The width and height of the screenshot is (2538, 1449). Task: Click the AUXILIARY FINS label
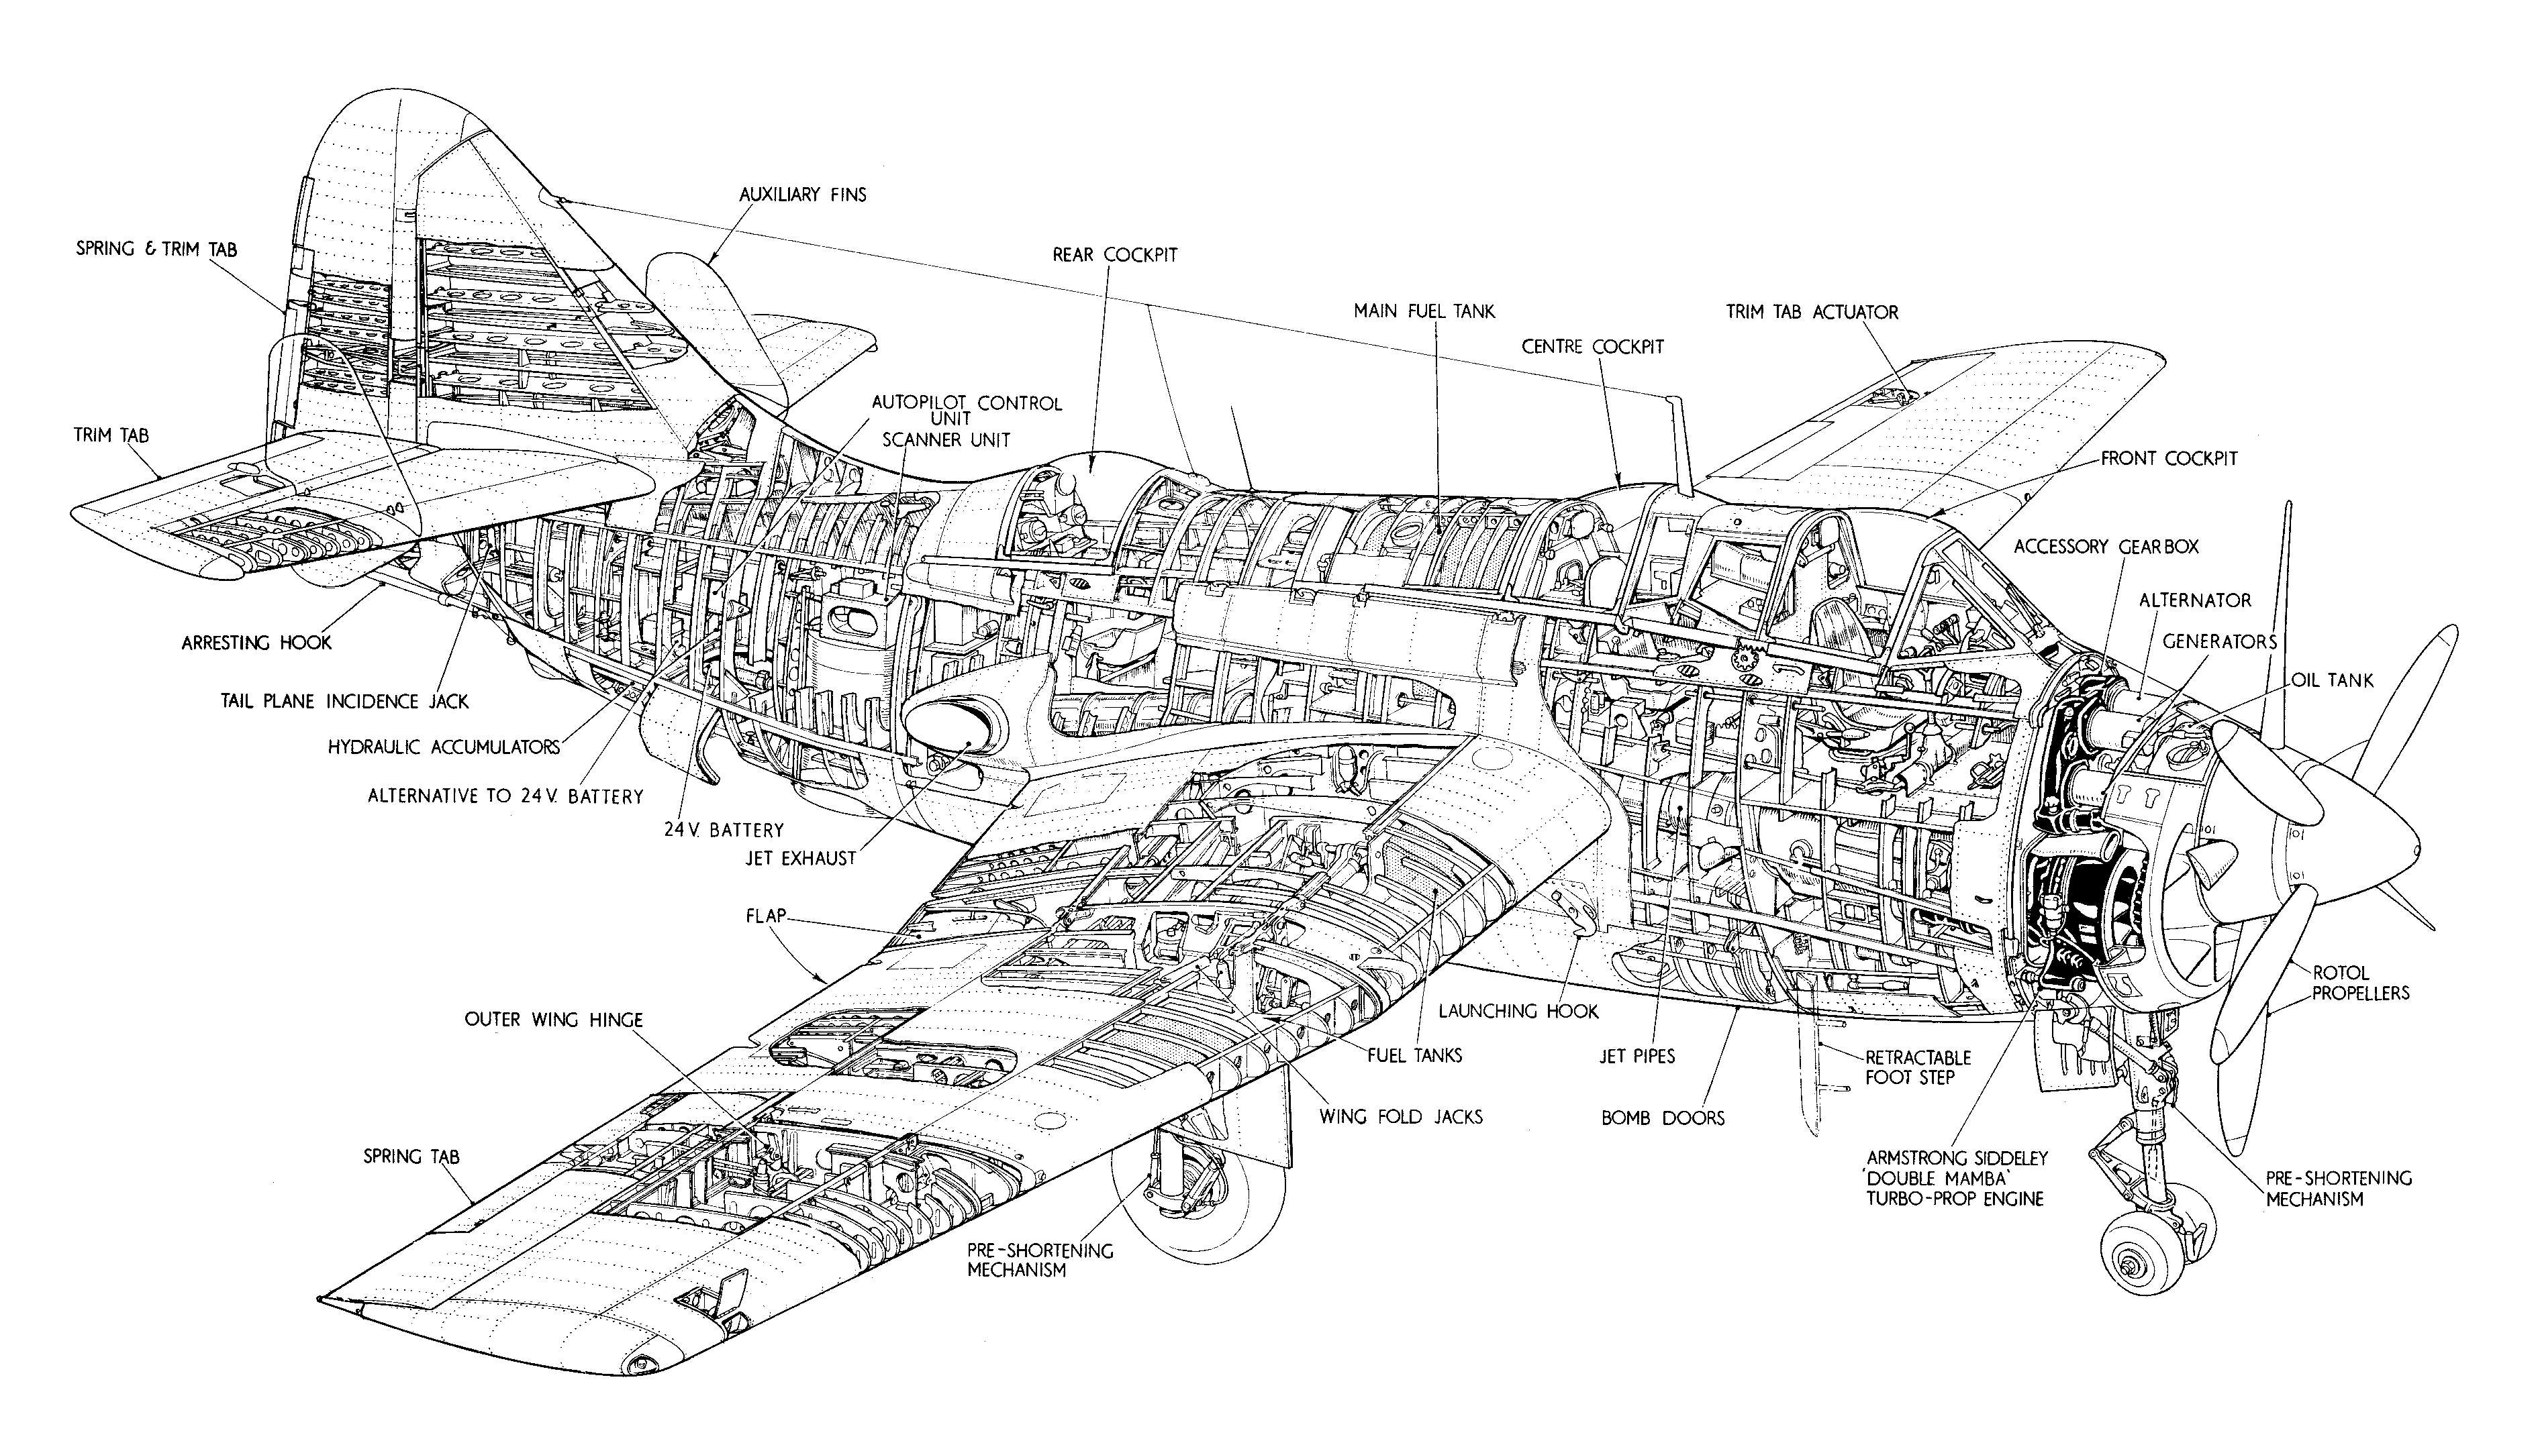coord(803,194)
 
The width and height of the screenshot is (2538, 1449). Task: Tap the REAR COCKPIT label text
coord(1114,255)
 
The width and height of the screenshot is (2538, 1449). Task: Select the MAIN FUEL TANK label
coord(1423,311)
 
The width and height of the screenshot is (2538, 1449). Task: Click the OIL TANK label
coord(2332,681)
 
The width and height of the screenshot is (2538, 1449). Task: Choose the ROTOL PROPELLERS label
coord(2359,982)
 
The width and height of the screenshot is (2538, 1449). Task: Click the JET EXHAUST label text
coord(801,858)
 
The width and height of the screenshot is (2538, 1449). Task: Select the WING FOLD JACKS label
coord(1400,1117)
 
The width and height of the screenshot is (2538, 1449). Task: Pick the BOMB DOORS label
coord(1662,1118)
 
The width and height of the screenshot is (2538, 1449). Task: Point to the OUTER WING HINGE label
coord(554,1020)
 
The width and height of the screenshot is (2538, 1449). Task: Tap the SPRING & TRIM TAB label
coord(156,249)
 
